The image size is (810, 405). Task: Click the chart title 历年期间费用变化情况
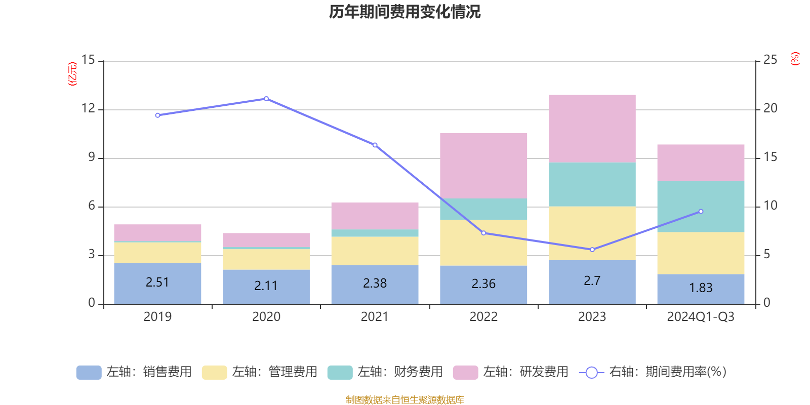coord(404,12)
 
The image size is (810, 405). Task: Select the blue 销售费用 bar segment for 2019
coord(157,283)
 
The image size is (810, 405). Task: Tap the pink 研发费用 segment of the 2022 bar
coord(483,166)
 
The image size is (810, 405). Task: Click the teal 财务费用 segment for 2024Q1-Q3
coord(701,207)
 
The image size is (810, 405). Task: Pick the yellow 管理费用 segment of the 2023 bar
coord(592,233)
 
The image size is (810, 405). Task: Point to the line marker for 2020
coord(266,99)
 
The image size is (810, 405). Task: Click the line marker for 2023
coord(592,250)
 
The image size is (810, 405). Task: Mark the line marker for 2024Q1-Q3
coord(701,212)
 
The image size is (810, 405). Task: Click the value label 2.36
coord(483,284)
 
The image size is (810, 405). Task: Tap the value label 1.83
coord(701,288)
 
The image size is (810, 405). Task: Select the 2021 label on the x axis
coord(375,317)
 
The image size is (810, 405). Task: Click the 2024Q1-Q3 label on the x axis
coord(701,317)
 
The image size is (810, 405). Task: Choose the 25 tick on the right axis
coord(770,60)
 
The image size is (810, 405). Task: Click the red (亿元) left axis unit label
coord(72,74)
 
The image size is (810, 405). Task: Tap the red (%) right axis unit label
coord(795,59)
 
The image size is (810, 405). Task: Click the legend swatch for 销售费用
coord(89,373)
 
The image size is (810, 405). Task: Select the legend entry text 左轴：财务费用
coord(400,372)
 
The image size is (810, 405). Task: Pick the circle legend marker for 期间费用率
coord(592,373)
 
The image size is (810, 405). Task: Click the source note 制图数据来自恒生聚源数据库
coord(404,399)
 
